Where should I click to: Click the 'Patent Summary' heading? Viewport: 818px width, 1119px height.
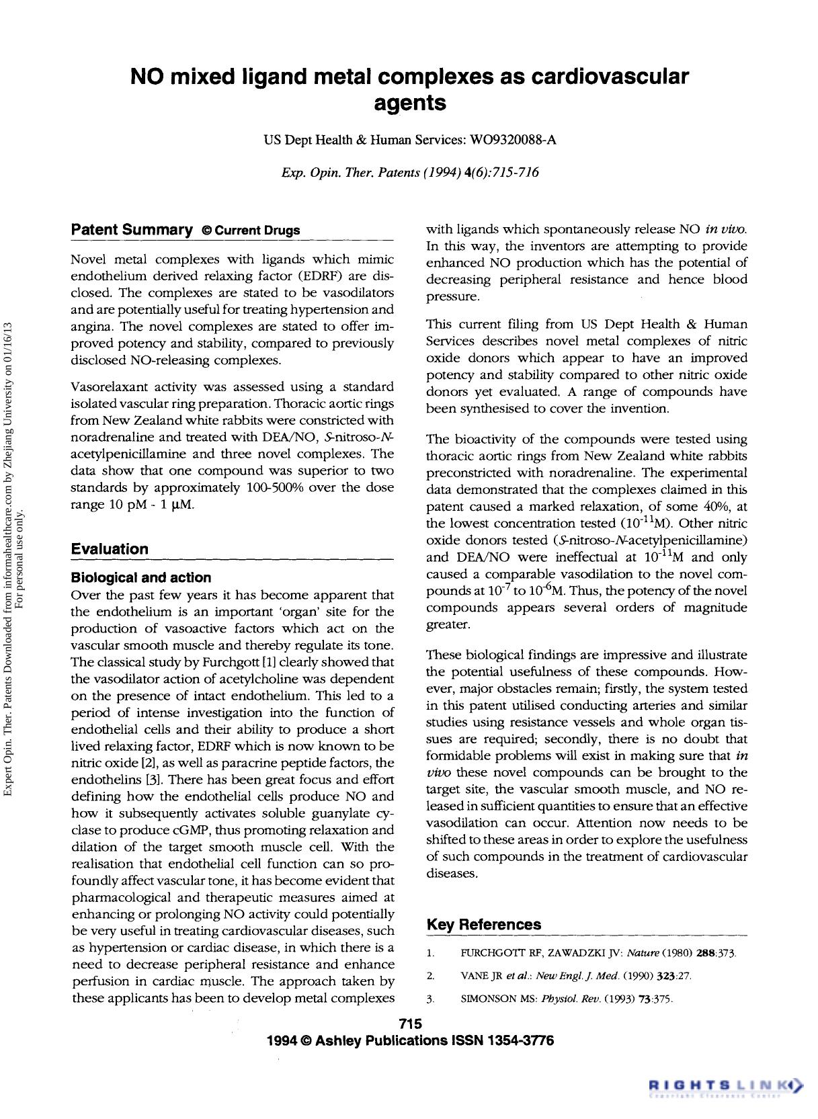pyautogui.click(x=132, y=230)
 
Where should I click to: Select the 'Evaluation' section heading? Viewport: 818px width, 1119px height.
pyautogui.click(x=110, y=548)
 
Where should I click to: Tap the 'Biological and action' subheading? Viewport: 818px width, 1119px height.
pyautogui.click(x=140, y=577)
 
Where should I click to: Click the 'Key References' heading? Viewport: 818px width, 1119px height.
pyautogui.click(x=483, y=924)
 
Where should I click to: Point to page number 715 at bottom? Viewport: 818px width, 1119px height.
pyautogui.click(x=409, y=1024)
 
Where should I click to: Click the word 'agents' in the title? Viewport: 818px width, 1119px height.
pyautogui.click(x=409, y=103)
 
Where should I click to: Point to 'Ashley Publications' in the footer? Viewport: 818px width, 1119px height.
pyautogui.click(x=381, y=1040)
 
